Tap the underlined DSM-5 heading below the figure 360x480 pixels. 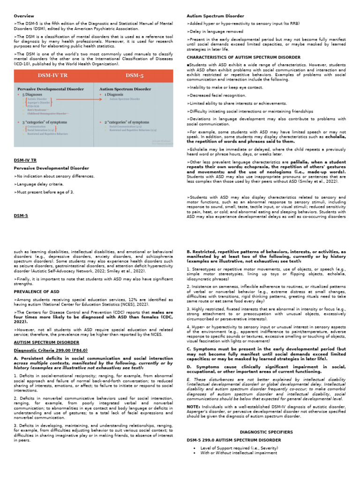pos(21,216)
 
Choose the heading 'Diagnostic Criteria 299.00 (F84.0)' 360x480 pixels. pos(51,350)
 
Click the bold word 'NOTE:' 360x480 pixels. pos(193,406)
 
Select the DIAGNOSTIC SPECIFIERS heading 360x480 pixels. pos(266,432)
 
